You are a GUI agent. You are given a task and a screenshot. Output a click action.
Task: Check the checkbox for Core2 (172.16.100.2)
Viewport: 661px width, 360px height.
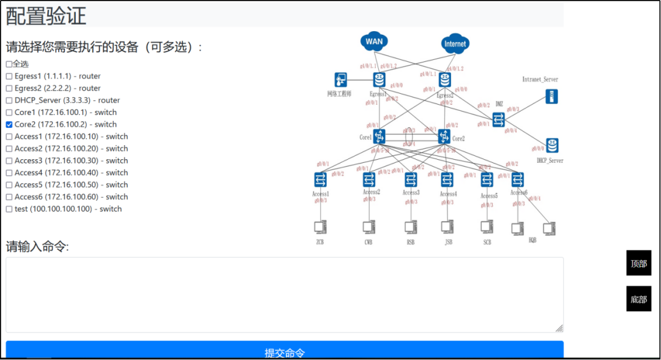tap(9, 124)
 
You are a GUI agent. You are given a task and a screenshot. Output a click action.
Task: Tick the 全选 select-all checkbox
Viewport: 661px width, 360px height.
tap(9, 64)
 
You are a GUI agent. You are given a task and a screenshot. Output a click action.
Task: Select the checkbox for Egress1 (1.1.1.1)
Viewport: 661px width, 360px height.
tap(9, 77)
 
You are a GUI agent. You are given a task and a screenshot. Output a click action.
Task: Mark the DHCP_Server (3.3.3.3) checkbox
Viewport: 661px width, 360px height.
tap(9, 100)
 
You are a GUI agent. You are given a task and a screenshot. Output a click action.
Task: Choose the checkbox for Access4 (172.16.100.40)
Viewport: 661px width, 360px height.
tap(9, 173)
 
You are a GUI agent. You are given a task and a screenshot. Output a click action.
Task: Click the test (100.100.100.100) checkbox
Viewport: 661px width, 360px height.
tap(9, 209)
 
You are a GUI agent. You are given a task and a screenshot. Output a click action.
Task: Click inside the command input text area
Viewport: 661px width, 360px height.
tap(285, 294)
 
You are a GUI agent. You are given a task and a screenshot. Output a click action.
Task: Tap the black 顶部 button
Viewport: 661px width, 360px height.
tap(638, 263)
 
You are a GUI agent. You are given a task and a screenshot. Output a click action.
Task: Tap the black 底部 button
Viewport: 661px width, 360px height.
tap(638, 299)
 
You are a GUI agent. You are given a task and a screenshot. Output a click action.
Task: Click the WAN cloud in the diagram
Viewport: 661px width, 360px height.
tap(374, 42)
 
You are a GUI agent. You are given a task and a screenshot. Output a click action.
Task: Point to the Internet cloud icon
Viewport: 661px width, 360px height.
tap(455, 43)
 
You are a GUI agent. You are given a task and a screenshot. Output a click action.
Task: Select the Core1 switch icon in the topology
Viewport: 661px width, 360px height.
tap(379, 136)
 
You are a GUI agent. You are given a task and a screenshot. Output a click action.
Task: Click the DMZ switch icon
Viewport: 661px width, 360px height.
tap(499, 119)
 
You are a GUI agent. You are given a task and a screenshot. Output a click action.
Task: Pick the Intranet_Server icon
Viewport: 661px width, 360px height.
tap(552, 96)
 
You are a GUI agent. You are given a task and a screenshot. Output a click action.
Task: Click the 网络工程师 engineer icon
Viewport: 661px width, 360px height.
tap(341, 80)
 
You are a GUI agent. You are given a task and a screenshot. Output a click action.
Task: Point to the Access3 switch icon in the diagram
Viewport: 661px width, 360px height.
tap(411, 179)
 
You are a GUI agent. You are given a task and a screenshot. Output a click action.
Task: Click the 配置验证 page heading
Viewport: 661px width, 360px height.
tap(46, 16)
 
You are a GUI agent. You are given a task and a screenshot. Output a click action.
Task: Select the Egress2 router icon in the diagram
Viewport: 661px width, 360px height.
tap(445, 80)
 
